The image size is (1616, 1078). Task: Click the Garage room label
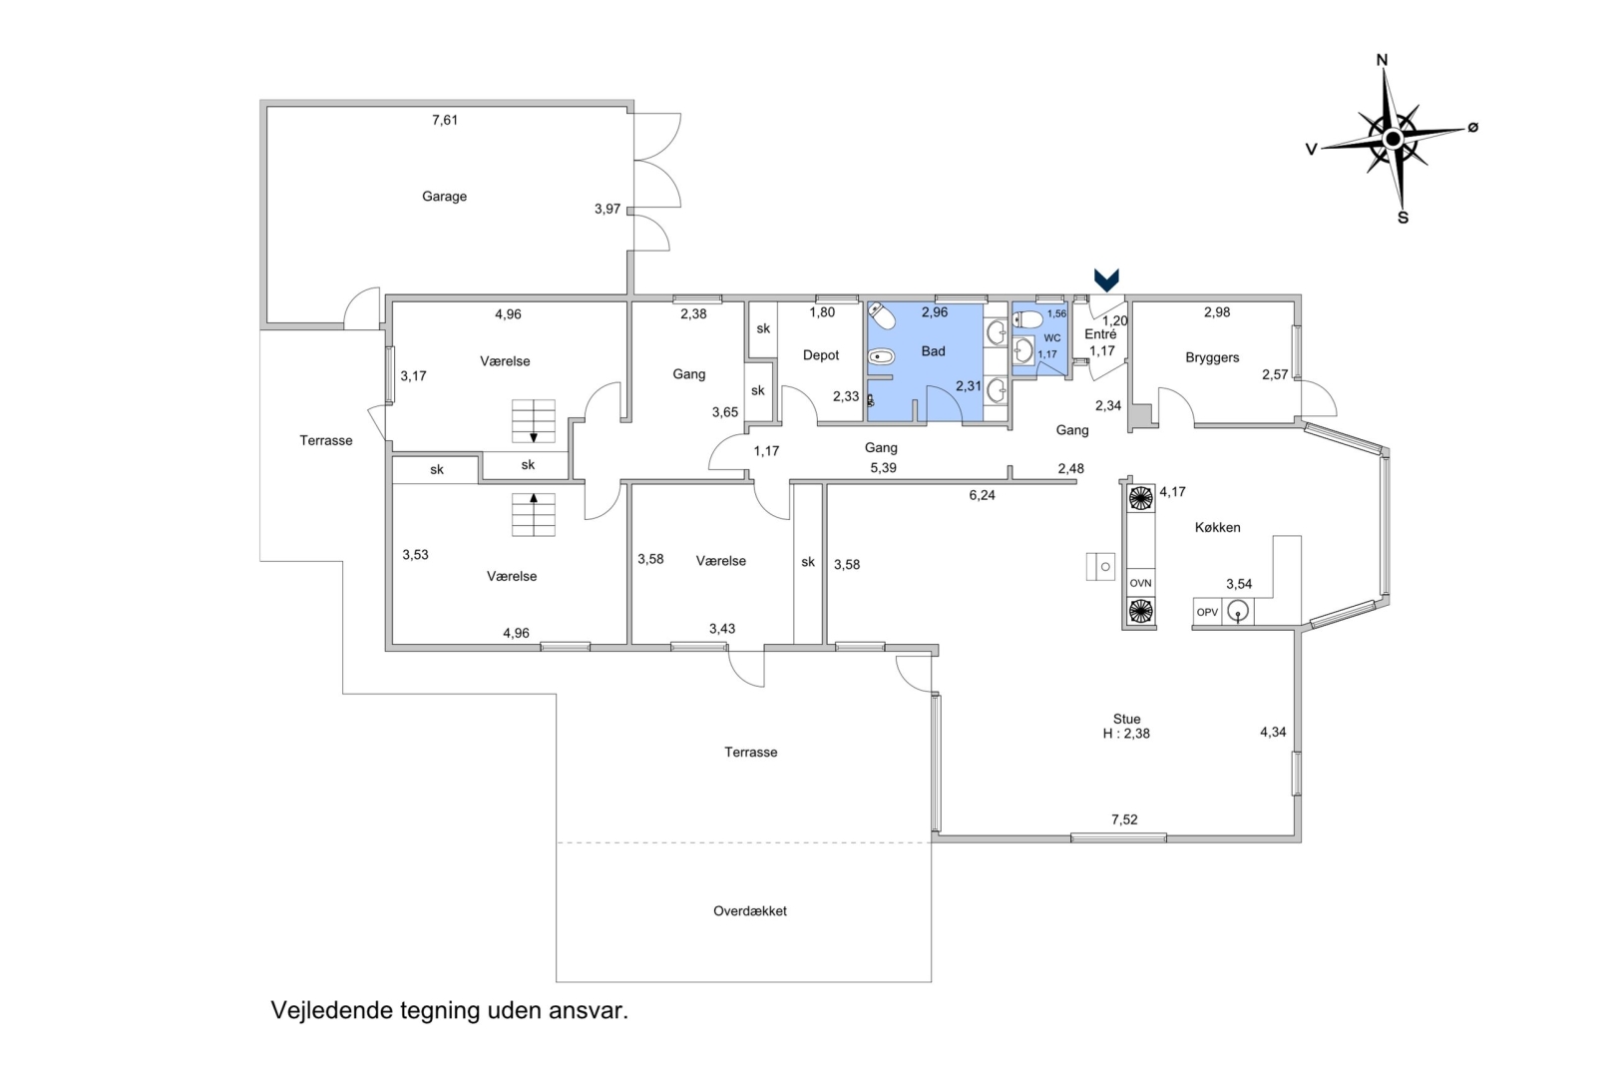coord(445,197)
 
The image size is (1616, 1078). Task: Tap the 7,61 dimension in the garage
coord(445,120)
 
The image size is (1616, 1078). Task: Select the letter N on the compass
coord(1383,60)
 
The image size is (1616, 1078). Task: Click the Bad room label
coord(933,351)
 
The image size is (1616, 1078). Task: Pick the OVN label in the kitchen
coord(1140,583)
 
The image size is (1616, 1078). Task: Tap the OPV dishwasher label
coord(1207,612)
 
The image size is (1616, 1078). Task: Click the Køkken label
coord(1218,527)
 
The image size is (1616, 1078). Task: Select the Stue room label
coord(1127,719)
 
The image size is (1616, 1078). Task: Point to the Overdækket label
coord(749,911)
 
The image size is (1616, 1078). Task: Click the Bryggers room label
coord(1212,357)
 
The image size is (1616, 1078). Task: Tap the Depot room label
coord(821,355)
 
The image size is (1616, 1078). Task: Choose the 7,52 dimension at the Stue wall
coord(1124,819)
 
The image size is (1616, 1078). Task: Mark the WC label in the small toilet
coord(1051,338)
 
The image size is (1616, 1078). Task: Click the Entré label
coord(1100,334)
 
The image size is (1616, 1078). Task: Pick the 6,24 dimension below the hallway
coord(982,495)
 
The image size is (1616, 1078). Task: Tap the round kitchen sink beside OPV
coord(1238,612)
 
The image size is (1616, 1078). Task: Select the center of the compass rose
coord(1394,138)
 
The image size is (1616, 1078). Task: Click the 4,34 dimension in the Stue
coord(1273,733)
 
